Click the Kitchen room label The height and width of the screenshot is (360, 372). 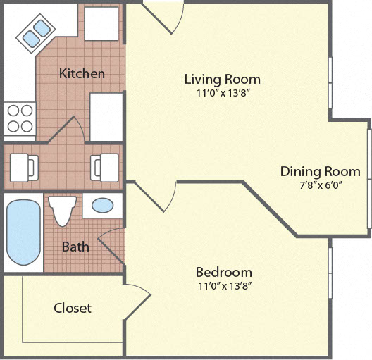[82, 73]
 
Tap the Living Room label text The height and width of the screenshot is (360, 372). [222, 79]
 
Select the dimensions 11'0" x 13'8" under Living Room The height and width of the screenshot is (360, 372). [222, 92]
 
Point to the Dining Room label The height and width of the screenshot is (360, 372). [320, 171]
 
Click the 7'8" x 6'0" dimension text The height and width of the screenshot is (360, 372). [320, 186]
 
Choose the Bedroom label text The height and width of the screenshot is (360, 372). [223, 272]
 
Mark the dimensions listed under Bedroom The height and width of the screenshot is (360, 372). [223, 285]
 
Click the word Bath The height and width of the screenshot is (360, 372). [75, 247]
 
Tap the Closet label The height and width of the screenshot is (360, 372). [73, 308]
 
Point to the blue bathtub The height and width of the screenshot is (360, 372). [23, 232]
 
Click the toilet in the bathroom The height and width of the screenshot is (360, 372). [63, 210]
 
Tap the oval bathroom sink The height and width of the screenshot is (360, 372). [103, 206]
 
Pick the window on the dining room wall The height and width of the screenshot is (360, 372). [368, 174]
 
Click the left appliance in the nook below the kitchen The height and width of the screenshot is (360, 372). [23, 167]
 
